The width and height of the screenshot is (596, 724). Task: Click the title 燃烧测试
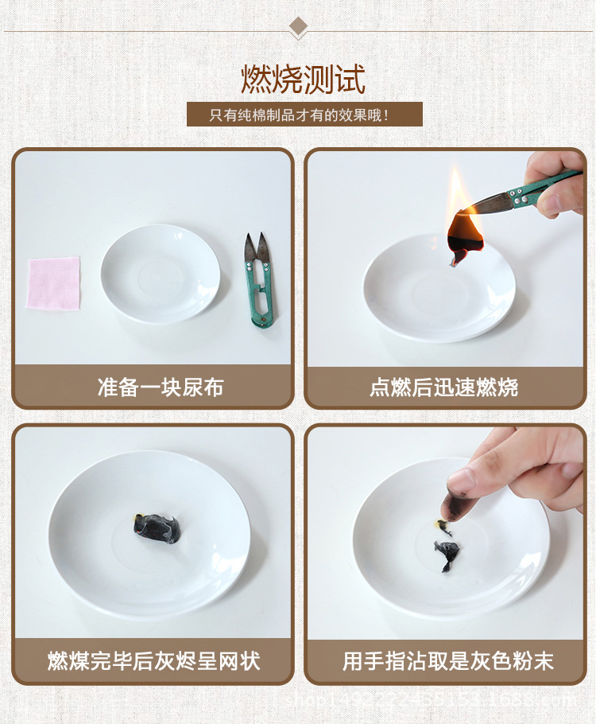304,80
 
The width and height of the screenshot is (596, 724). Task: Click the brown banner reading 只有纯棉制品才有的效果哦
304,115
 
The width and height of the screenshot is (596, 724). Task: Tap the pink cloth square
54,282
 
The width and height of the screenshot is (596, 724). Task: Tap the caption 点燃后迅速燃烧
443,387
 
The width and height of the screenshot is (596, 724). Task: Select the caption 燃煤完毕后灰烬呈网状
153,660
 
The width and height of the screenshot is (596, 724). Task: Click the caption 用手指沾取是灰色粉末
448,660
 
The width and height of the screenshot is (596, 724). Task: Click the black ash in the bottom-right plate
447,553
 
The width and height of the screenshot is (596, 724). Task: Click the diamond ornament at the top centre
298,27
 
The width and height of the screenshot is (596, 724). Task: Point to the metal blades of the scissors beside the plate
255,251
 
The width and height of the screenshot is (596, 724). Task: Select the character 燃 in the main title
257,80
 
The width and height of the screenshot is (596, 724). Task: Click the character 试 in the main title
350,80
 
